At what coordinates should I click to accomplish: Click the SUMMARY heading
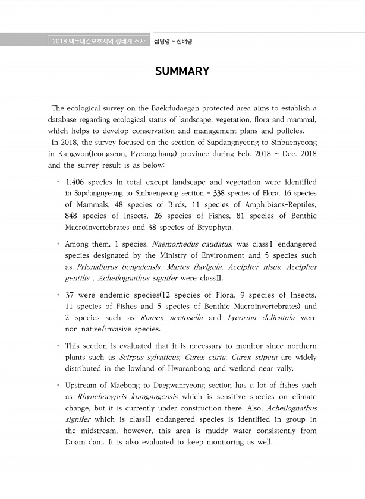point(182,71)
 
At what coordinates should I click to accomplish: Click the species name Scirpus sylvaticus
point(149,358)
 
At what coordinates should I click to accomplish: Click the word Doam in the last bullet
point(75,443)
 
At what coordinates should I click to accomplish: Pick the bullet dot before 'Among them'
point(58,244)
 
